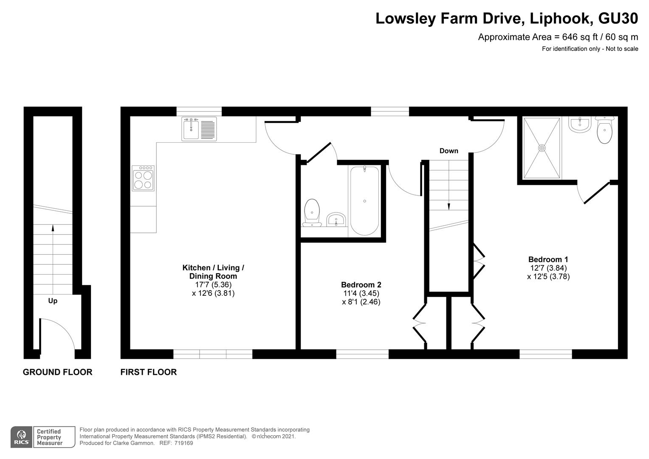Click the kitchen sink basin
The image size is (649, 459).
pos(191,130)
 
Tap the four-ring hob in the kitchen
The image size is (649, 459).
pos(143,178)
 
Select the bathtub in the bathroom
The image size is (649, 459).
pos(364,201)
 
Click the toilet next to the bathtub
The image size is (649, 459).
pos(312,212)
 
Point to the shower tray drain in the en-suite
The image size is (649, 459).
pos(542,148)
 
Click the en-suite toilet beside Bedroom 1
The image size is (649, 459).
pos(605,130)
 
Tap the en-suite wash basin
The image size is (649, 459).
pos(579,125)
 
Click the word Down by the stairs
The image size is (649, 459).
pos(449,151)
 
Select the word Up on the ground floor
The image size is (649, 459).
pos(53,301)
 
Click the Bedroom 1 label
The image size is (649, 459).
pos(548,259)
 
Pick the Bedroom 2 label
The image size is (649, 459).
pos(361,285)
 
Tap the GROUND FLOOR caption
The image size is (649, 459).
pos(57,372)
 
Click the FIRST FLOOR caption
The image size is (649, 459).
pos(149,372)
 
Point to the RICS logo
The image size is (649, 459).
pos(21,437)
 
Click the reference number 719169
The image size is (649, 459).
pos(183,443)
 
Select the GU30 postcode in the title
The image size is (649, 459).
pos(618,18)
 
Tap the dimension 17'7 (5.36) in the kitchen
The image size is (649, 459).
pos(213,285)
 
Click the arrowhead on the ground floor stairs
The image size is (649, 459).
pos(53,228)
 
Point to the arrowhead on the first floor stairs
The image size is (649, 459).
pos(449,207)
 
